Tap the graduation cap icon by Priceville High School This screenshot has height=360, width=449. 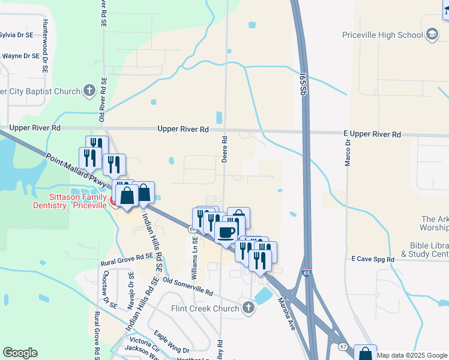click(432, 35)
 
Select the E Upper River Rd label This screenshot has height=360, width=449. click(372, 135)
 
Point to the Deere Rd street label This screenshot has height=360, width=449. click(224, 147)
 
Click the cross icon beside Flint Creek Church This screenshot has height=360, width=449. click(249, 308)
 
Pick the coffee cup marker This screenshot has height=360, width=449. click(226, 232)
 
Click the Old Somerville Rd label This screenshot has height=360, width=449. click(187, 285)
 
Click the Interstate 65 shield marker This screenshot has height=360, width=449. click(306, 272)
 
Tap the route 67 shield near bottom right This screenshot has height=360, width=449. click(343, 346)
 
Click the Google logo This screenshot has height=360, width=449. click(20, 353)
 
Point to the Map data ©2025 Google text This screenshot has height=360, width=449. click(411, 355)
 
